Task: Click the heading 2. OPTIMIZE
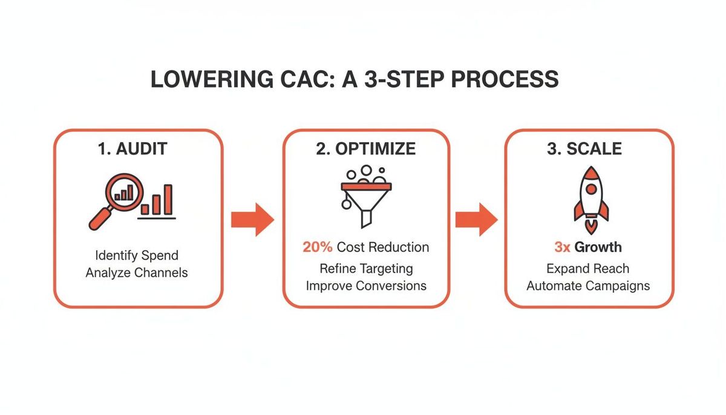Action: click(365, 149)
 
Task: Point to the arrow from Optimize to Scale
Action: click(476, 219)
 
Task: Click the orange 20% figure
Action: click(317, 247)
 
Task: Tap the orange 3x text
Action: click(562, 247)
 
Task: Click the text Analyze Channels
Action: click(137, 272)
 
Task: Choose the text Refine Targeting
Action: click(366, 269)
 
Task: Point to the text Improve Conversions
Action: click(366, 286)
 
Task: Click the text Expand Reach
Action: click(588, 269)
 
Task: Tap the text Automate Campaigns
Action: click(588, 286)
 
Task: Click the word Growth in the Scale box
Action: click(598, 247)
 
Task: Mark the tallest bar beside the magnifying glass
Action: click(168, 199)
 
